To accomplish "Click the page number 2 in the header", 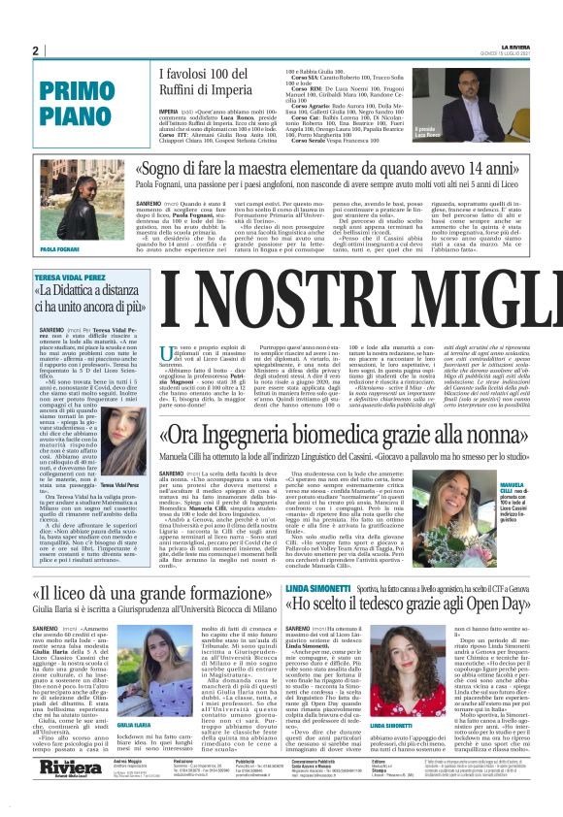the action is tap(35, 50).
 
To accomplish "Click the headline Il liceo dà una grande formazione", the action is tap(151, 593).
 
